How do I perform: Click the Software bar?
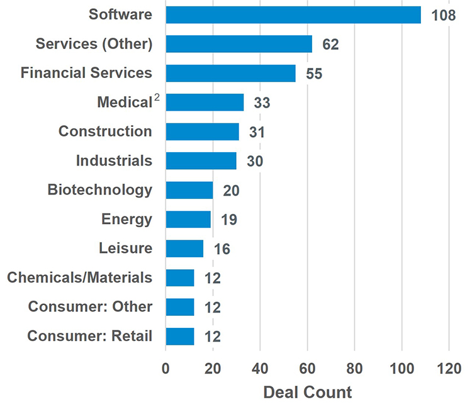coord(293,14)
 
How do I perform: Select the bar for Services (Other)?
coord(239,44)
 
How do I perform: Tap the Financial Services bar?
coord(231,73)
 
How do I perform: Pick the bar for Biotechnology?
coord(189,190)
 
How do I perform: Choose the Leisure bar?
coord(184,249)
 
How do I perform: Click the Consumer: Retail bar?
coord(180,336)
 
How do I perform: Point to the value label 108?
coord(444,15)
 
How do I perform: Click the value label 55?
coord(314,74)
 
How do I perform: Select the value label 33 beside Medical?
coord(262,103)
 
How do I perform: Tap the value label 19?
coord(228,220)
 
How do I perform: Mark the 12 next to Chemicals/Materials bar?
coord(213,278)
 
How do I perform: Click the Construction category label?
coord(105,131)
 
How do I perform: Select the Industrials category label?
coord(114,160)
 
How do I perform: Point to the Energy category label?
coord(126,219)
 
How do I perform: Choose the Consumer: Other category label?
coord(90,306)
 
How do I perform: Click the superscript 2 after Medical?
coord(157,98)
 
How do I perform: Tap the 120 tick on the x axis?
coord(449,368)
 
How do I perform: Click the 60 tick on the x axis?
coord(307,368)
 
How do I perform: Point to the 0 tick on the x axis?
coord(166,368)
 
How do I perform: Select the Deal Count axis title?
coord(307,393)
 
